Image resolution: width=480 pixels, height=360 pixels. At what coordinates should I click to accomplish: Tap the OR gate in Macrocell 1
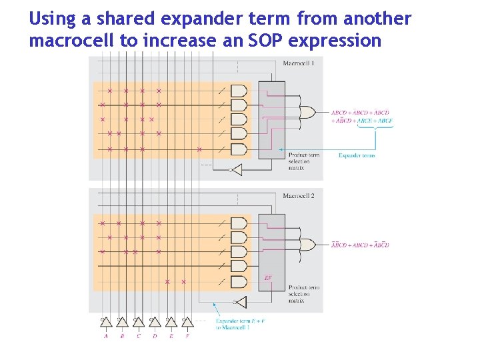click(309, 113)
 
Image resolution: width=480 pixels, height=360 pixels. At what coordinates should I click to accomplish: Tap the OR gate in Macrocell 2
click(309, 245)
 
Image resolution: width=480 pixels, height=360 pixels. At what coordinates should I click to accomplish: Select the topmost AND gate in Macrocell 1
click(238, 91)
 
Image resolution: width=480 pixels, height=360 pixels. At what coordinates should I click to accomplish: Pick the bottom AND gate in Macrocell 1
click(238, 149)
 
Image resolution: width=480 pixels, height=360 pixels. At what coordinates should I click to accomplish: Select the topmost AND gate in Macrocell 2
click(238, 223)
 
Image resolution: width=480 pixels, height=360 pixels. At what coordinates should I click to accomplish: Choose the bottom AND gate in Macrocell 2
click(238, 282)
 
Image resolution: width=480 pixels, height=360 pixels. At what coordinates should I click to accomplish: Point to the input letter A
click(105, 336)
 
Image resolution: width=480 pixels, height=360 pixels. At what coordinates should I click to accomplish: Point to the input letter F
click(187, 336)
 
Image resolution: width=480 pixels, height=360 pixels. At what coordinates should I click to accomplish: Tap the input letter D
click(155, 336)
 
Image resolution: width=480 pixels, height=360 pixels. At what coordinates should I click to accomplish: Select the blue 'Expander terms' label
click(357, 155)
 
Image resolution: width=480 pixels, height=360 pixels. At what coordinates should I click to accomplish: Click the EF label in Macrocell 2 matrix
click(268, 277)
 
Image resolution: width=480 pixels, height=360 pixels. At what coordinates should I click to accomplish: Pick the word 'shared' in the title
click(123, 19)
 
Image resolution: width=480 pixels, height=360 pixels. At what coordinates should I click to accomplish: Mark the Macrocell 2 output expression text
click(360, 245)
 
